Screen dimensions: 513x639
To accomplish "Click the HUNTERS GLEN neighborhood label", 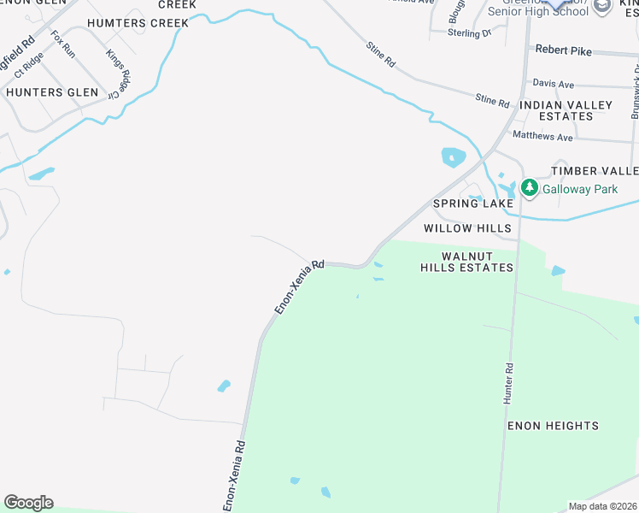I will pyautogui.click(x=46, y=91).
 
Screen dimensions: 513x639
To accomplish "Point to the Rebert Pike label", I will pyautogui.click(x=563, y=50).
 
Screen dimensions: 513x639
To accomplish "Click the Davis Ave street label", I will pyautogui.click(x=553, y=85).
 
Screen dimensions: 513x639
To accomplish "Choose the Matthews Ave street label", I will pyautogui.click(x=542, y=136).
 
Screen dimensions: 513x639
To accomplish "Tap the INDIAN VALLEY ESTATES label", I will pyautogui.click(x=566, y=110).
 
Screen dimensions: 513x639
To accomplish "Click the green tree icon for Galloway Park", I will pyautogui.click(x=529, y=187).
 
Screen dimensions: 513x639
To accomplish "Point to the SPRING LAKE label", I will pyautogui.click(x=473, y=203).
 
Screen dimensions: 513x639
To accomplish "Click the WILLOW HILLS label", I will pyautogui.click(x=467, y=228).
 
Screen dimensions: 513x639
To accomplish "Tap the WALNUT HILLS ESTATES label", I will pyautogui.click(x=466, y=262).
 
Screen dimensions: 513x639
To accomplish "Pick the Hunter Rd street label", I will pyautogui.click(x=508, y=384).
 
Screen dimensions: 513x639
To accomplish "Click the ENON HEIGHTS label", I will pyautogui.click(x=553, y=426).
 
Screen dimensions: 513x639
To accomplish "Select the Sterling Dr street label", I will pyautogui.click(x=470, y=33).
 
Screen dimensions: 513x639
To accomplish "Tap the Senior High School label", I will pyautogui.click(x=538, y=11).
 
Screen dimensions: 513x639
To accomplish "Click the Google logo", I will pyautogui.click(x=28, y=503).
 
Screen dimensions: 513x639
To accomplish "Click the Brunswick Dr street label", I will pyautogui.click(x=635, y=94).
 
